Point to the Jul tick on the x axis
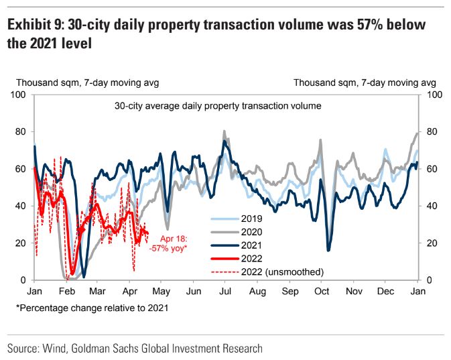click(x=226, y=292)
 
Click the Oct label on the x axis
click(x=322, y=292)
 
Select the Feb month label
click(x=66, y=292)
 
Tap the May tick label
click(x=161, y=292)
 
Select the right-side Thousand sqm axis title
click(x=365, y=83)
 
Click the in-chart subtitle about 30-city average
click(x=218, y=106)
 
